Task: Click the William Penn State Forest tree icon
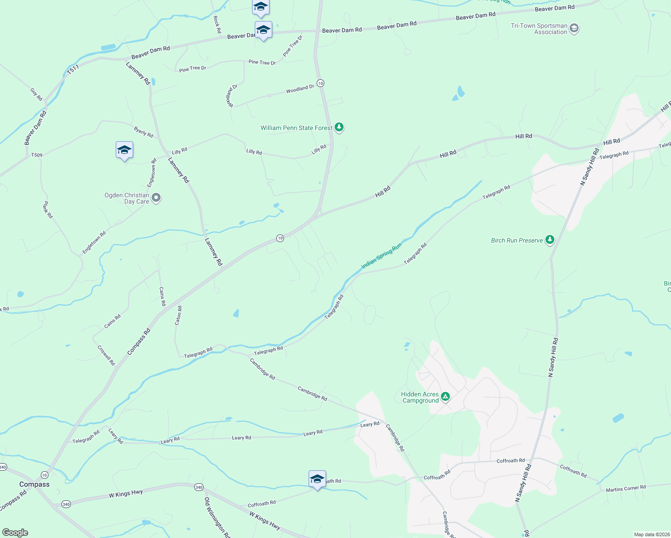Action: pyautogui.click(x=339, y=127)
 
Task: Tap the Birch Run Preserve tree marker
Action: pyautogui.click(x=549, y=240)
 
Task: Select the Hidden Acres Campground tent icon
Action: pyautogui.click(x=445, y=396)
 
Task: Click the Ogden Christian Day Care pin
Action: pyautogui.click(x=156, y=197)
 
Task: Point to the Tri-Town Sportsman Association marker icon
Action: pyautogui.click(x=574, y=29)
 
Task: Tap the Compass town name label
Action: pyautogui.click(x=35, y=484)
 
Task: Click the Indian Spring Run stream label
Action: pyautogui.click(x=381, y=256)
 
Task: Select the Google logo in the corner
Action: pyautogui.click(x=15, y=533)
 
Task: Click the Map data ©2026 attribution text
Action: pyautogui.click(x=651, y=534)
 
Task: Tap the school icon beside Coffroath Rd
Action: pyautogui.click(x=317, y=479)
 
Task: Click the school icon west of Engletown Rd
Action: pyautogui.click(x=124, y=150)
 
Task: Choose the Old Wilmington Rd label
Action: pyautogui.click(x=217, y=517)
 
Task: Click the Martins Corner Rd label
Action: pyautogui.click(x=626, y=488)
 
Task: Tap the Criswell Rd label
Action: pyautogui.click(x=106, y=355)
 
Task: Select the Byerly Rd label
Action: pyautogui.click(x=144, y=132)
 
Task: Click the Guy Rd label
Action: pyautogui.click(x=36, y=94)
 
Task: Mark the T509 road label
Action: pyautogui.click(x=37, y=155)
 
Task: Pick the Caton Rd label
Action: pyautogui.click(x=179, y=315)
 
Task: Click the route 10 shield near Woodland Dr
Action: pyautogui.click(x=320, y=83)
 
